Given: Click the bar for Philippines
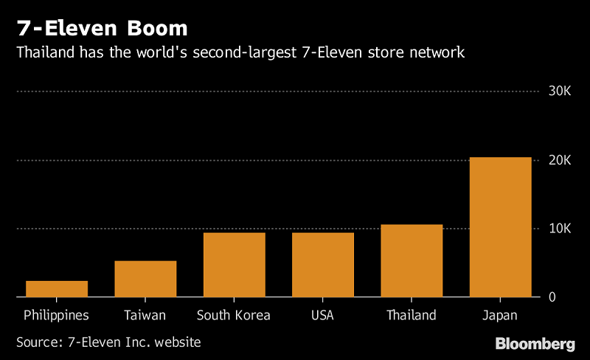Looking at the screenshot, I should [x=57, y=289].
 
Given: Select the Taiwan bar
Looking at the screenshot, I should [x=145, y=279].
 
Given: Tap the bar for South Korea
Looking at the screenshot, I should [x=234, y=265].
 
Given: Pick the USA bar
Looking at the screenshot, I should [x=322, y=265].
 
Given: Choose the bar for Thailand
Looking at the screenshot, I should [x=411, y=260].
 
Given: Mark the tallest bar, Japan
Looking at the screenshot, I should [x=499, y=227].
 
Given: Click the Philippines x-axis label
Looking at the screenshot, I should [x=57, y=316].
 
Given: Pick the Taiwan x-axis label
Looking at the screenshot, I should [x=145, y=316].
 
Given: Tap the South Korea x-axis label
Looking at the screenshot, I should [x=234, y=316].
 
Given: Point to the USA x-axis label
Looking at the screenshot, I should [x=322, y=316].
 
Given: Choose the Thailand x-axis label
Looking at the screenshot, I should [x=411, y=316].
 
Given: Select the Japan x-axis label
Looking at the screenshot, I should [x=499, y=316].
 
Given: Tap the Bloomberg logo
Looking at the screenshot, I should [x=535, y=344].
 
